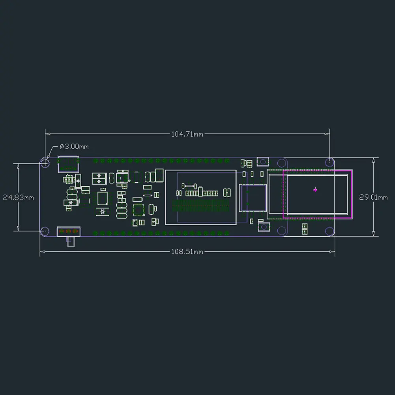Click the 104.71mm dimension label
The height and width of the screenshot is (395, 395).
tap(187, 134)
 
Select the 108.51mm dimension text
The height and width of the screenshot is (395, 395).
tap(187, 252)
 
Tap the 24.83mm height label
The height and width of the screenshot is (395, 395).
tap(19, 197)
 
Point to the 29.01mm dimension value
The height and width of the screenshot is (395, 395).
tap(373, 197)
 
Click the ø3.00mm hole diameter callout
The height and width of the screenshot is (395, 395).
tap(74, 146)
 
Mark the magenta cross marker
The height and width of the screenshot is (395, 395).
tap(315, 190)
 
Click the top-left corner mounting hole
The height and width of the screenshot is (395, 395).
tap(45, 163)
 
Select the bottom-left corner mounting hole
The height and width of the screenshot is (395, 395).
tap(45, 231)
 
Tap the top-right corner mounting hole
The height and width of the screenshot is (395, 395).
tap(329, 162)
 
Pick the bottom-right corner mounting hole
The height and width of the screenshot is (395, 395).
tap(329, 231)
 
